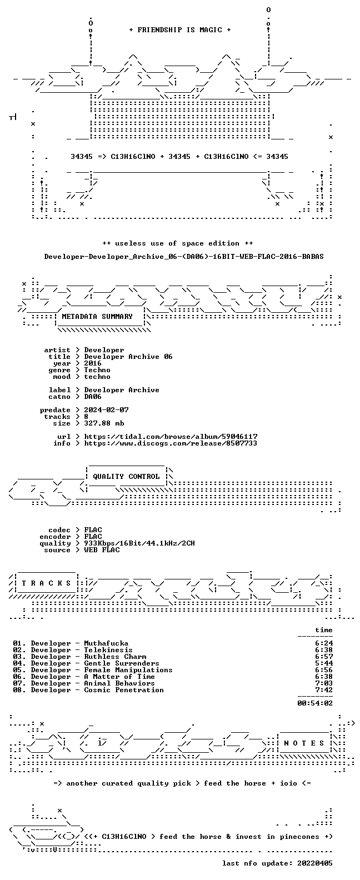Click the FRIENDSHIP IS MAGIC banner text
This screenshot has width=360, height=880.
(180, 30)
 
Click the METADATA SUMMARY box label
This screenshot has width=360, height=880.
(97, 317)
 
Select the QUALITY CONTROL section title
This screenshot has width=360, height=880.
(126, 477)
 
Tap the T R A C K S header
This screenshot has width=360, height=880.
(46, 583)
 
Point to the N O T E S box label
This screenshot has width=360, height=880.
(304, 743)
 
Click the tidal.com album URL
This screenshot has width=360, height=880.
(171, 437)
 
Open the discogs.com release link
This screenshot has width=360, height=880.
(171, 443)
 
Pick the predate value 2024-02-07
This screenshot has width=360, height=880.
(106, 410)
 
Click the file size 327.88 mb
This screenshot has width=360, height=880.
(104, 423)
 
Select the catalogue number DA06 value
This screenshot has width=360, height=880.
(93, 397)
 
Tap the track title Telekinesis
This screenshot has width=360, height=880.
(108, 650)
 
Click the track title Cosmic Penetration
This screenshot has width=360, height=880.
(124, 690)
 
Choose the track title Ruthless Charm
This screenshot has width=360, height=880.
(115, 657)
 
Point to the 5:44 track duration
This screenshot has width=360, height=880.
(324, 663)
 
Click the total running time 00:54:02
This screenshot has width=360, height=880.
(315, 703)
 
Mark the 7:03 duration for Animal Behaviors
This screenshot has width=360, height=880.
(324, 683)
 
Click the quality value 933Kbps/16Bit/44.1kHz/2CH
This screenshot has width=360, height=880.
(139, 543)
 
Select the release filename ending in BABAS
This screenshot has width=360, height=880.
(184, 257)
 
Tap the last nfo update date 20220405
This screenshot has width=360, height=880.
(315, 863)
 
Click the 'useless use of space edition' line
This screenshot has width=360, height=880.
(178, 243)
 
